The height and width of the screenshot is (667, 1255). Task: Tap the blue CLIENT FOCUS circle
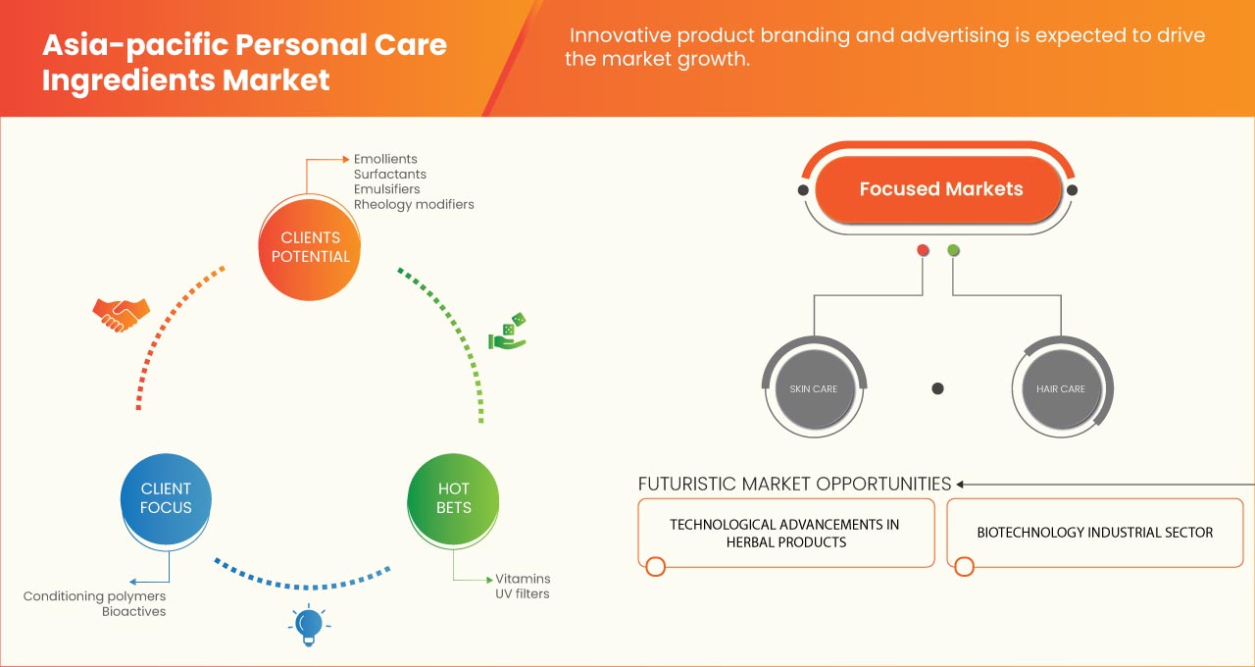166,498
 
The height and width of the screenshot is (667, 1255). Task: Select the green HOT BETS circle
453,498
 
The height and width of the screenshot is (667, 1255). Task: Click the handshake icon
121,314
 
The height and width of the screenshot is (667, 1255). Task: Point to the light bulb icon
309,625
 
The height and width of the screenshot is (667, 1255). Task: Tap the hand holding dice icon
508,333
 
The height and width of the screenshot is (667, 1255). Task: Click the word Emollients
385,159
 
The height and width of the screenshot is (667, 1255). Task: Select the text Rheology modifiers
414,204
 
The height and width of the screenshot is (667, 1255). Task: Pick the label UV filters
523,593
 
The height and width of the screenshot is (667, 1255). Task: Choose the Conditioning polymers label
95,596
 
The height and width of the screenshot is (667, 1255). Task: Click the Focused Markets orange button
940,189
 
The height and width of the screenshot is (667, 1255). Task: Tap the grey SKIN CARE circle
814,388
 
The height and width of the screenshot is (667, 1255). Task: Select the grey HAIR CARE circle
1061,388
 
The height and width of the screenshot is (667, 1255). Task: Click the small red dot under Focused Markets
923,251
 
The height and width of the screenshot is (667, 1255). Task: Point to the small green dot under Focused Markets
953,251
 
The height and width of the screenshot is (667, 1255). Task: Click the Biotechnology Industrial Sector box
1094,533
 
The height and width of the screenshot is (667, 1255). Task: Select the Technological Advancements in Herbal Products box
784,533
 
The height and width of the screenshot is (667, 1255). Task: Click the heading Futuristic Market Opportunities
794,484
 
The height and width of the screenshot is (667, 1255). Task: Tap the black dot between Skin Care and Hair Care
937,388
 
